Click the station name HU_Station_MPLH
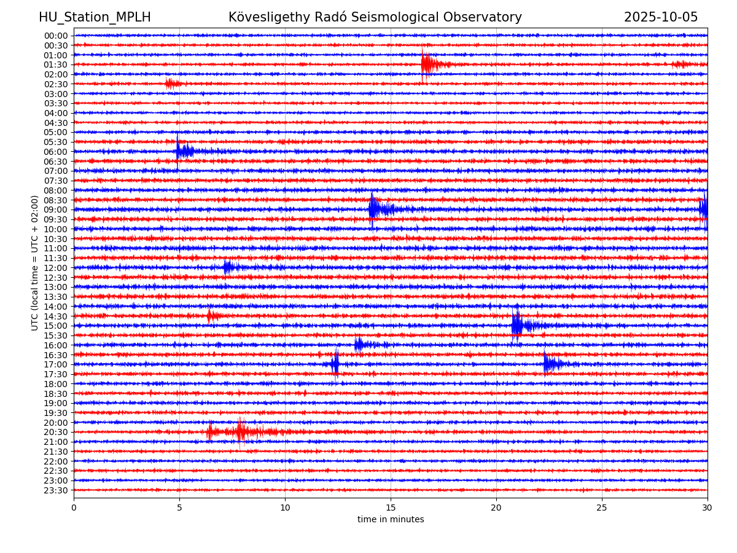point(95,17)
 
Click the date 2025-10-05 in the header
point(661,17)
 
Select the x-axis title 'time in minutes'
point(391,520)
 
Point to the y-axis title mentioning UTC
point(35,263)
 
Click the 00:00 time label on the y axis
point(56,36)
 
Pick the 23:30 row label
point(56,490)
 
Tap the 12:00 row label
point(56,268)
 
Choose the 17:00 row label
point(56,364)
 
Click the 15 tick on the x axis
point(391,508)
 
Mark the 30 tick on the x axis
point(708,508)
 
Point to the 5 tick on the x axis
point(179,508)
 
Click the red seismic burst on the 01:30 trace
point(429,64)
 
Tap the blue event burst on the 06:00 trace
point(184,151)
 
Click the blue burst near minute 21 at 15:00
point(517,325)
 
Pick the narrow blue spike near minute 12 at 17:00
point(335,364)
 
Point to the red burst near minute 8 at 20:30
point(240,431)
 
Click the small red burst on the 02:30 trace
point(172,84)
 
